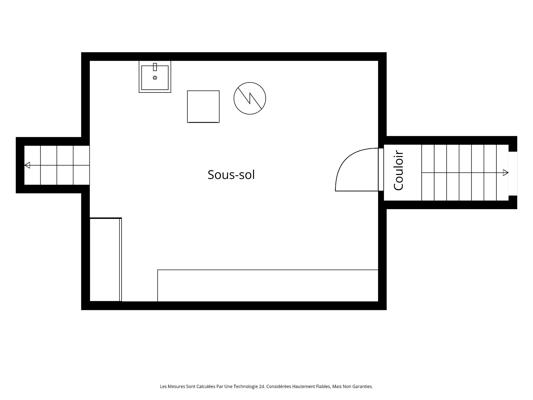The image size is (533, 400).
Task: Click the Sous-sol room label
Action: (231, 175)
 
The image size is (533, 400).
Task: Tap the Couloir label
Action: (399, 170)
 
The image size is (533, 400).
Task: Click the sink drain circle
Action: (155, 78)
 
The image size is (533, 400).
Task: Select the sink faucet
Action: (155, 67)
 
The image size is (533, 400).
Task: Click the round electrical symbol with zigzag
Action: (250, 98)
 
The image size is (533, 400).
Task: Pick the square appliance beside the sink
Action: (203, 107)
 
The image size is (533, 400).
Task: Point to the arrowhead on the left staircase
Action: (27, 165)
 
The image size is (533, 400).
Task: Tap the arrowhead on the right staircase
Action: (506, 173)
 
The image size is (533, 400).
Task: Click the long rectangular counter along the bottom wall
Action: (268, 286)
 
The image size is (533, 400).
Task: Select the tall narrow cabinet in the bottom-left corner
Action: (106, 259)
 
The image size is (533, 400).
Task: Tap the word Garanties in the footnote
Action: (363, 386)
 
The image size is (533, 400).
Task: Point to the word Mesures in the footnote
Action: (176, 386)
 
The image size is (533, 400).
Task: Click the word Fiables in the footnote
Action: (324, 386)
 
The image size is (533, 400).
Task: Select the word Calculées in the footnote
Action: (206, 386)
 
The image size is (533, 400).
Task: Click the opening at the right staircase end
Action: (513, 174)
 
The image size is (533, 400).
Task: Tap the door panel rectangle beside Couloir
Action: (381, 170)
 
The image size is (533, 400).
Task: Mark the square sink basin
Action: (155, 78)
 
